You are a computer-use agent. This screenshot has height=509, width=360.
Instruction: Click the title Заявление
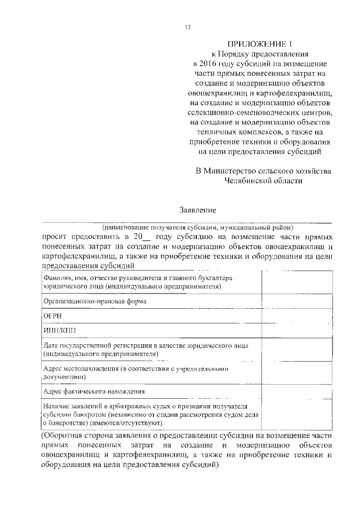(x=197, y=210)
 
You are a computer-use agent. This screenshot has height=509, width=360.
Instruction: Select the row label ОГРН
(x=52, y=317)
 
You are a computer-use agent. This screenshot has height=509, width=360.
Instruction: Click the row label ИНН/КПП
(x=58, y=331)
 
